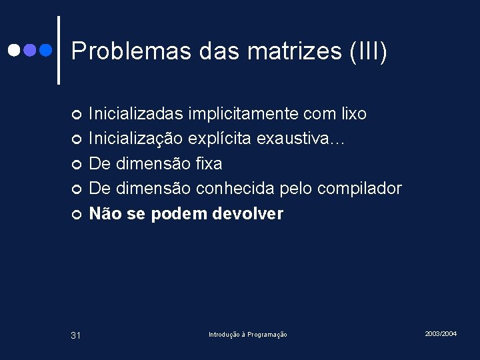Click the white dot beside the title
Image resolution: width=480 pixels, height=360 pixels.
pyautogui.click(x=14, y=50)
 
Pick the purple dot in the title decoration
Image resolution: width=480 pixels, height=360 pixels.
pyautogui.click(x=29, y=50)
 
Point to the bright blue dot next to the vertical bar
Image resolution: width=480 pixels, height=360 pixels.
pyautogui.click(x=45, y=50)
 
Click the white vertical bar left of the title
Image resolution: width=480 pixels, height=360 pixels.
pyautogui.click(x=59, y=50)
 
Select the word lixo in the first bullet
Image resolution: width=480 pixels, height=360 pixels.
pyautogui.click(x=353, y=114)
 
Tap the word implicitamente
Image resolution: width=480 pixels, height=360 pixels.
pyautogui.click(x=253, y=114)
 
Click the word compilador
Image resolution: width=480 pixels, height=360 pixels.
pyautogui.click(x=359, y=189)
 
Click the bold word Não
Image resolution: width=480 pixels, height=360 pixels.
pyautogui.click(x=104, y=214)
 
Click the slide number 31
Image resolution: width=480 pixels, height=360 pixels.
pyautogui.click(x=75, y=335)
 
